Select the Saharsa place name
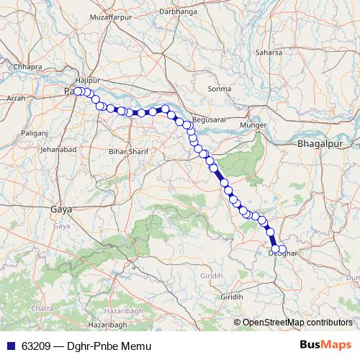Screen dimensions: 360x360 click(x=269, y=52)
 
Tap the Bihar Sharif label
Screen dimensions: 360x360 click(x=127, y=152)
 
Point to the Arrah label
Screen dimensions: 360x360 click(x=15, y=96)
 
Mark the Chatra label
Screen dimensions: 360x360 click(x=43, y=308)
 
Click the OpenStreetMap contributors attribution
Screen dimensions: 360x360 click(x=297, y=322)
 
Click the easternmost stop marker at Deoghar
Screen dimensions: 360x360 click(x=282, y=250)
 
